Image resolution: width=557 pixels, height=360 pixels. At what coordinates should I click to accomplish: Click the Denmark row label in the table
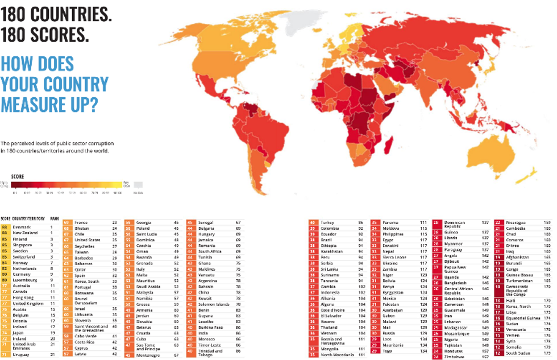click(23, 227)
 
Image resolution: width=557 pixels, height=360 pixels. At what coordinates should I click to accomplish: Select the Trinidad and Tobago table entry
click(210, 352)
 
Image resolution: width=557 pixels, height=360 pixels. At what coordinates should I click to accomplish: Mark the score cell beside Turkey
click(313, 222)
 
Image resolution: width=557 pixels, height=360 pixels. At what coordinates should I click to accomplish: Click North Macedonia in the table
click(338, 354)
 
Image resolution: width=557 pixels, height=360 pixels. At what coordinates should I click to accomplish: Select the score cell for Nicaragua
click(498, 222)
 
